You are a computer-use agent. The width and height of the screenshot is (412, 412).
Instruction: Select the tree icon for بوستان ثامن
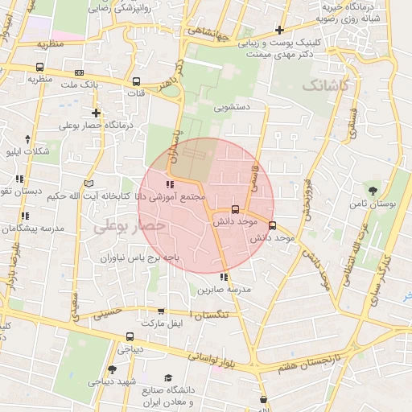[x=372, y=191]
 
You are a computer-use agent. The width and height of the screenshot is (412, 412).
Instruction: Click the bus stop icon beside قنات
[x=137, y=81]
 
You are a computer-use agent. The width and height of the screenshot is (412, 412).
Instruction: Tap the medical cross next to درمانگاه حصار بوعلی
[x=97, y=113]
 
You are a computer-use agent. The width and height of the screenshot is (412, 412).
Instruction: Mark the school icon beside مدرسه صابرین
[x=225, y=278]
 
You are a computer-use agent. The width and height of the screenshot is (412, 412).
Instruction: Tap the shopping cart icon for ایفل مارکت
[x=161, y=311]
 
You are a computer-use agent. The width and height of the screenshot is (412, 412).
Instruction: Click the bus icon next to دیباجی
[x=130, y=337]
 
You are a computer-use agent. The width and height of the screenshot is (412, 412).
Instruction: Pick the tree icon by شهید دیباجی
[x=112, y=369]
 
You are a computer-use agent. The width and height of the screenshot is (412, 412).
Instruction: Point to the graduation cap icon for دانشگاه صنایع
[x=168, y=378]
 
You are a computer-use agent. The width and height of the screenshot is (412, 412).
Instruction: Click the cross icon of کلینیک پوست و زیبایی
[x=279, y=30]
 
